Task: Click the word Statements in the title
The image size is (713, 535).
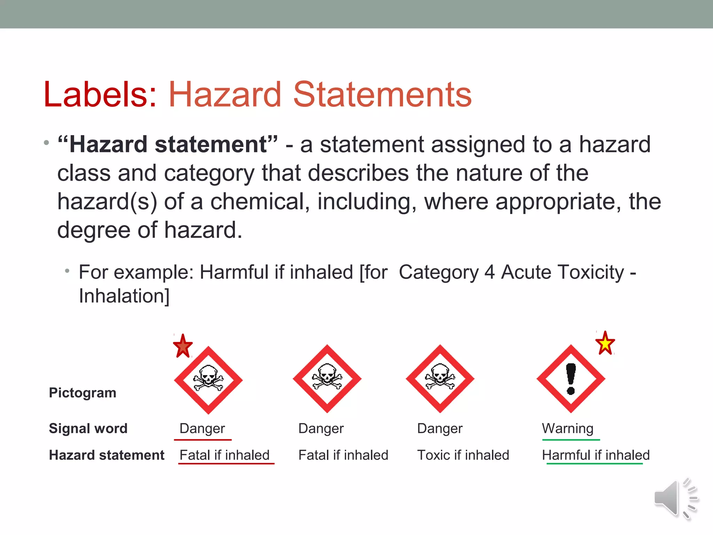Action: coord(382,95)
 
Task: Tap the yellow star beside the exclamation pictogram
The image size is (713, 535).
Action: coord(605,343)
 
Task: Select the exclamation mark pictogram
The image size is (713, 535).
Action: coord(571,379)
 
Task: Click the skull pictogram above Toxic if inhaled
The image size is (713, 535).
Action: coord(440,379)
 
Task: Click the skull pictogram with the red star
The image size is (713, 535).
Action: coord(208,380)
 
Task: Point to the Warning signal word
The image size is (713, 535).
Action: coord(567,428)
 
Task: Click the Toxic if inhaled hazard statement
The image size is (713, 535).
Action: coord(463,455)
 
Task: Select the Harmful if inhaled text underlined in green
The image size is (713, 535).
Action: coord(596,455)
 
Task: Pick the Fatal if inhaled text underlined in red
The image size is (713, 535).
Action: coord(225,455)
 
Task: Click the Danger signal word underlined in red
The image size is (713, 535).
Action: coord(202,428)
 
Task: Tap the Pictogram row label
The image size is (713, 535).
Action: coord(83,393)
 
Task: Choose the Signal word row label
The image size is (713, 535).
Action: coord(88,428)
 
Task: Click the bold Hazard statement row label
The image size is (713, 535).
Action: coord(107,455)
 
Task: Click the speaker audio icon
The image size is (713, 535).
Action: coord(675,499)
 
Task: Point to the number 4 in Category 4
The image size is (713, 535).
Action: coord(489,272)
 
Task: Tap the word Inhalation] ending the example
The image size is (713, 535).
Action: coord(124,296)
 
